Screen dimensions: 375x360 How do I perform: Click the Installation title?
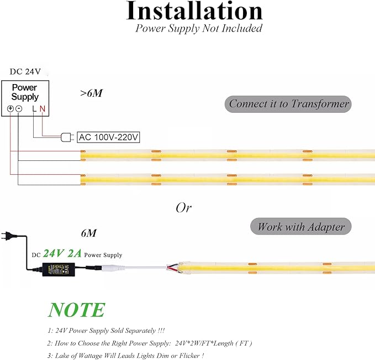point(194,11)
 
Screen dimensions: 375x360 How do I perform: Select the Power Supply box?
point(25,98)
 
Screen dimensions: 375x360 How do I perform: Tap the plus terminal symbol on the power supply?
point(10,109)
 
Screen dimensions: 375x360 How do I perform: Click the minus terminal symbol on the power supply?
point(19,109)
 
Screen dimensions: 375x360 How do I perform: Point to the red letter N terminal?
point(43,109)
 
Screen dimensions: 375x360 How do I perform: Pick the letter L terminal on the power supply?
point(34,109)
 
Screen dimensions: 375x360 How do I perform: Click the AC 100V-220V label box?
point(108,137)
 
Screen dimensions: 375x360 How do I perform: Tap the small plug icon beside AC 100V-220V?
point(67,138)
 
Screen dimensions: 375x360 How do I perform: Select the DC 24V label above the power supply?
point(25,72)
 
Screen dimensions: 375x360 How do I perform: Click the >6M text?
point(91,93)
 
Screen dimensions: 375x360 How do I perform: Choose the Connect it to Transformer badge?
point(288,104)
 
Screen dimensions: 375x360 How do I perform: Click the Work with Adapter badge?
point(301,226)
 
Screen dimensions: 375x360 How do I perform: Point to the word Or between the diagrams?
point(184,208)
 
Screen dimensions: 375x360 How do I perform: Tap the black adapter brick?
point(59,269)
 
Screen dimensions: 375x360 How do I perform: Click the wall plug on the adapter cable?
point(8,236)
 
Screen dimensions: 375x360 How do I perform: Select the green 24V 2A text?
point(62,253)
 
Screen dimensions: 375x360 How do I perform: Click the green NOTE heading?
point(77,310)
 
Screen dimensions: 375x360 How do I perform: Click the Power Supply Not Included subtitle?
point(199,28)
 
